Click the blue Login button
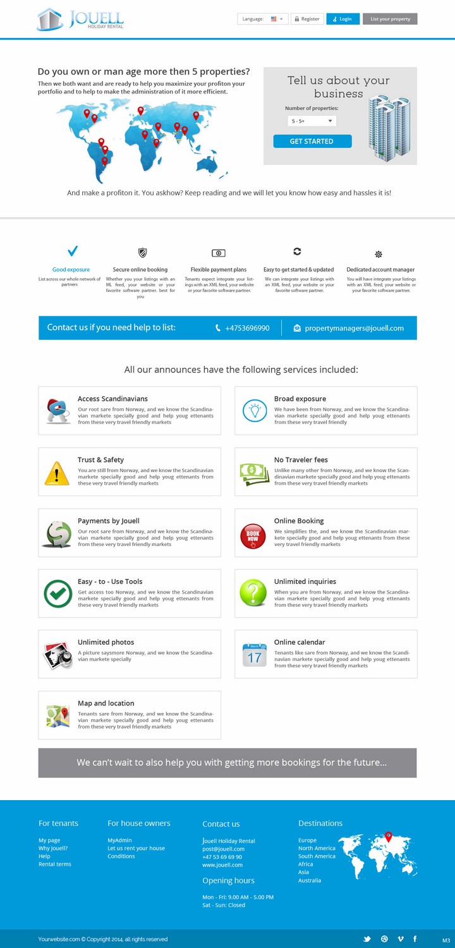343,19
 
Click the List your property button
390,19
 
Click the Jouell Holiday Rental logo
80,20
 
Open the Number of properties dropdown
312,121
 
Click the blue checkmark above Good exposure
72,252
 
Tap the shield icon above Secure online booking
142,253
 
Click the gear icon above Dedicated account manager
379,254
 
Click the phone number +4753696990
246,328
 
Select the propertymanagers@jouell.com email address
354,328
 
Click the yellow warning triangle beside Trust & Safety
58,473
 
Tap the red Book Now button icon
253,535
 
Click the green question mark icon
253,593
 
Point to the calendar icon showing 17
254,655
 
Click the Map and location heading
106,703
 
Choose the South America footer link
317,856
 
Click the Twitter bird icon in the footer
367,939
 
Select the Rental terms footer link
55,864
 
